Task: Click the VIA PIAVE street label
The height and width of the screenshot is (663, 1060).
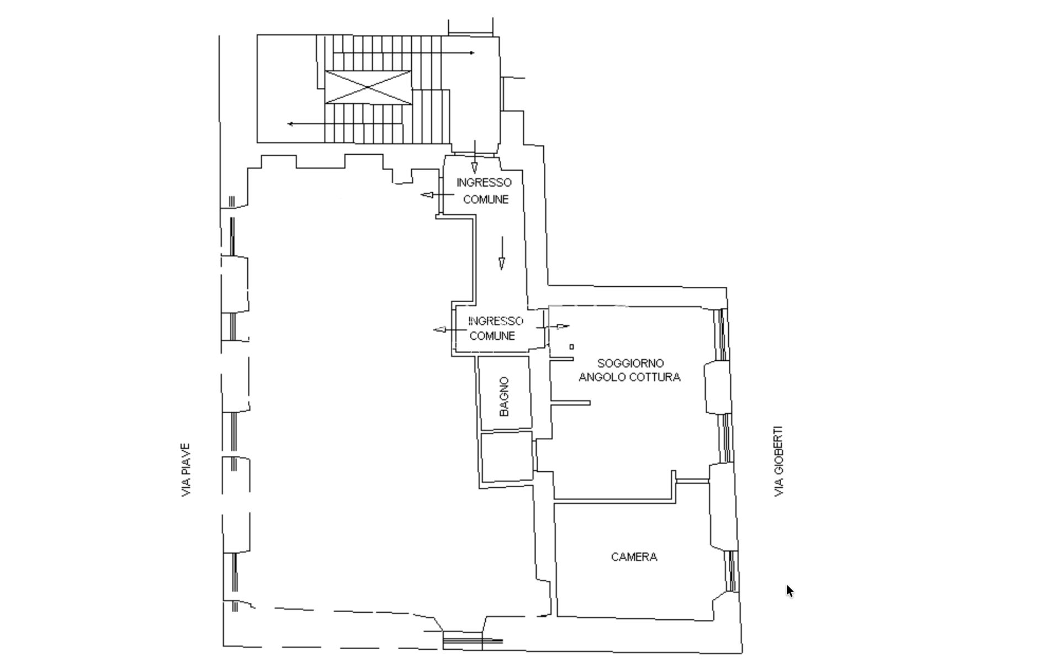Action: [186, 470]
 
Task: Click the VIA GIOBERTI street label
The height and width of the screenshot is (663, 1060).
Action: [778, 461]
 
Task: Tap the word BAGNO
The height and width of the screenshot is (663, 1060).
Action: [504, 396]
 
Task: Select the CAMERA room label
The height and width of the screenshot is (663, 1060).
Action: [634, 557]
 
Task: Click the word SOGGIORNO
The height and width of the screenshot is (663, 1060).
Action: [630, 364]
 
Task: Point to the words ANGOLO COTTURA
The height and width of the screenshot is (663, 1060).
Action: [629, 377]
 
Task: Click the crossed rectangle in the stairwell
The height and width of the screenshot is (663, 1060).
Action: [368, 87]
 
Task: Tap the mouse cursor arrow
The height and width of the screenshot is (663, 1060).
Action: [790, 591]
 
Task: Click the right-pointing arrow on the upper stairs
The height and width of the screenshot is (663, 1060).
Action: [404, 53]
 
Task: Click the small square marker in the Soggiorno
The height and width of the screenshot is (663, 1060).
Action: [571, 347]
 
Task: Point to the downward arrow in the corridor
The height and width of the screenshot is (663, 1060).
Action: [502, 253]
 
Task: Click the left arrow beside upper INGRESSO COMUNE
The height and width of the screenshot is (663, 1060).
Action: [437, 194]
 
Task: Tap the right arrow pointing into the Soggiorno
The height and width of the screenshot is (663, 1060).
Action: [553, 327]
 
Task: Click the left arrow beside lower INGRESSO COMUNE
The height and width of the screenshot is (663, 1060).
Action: [450, 330]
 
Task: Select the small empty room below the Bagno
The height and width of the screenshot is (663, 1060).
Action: [507, 457]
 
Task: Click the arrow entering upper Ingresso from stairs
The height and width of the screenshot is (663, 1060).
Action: [474, 157]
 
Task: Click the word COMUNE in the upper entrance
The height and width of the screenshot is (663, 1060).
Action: [486, 199]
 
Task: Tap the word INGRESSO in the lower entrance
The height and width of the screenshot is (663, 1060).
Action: [495, 321]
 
